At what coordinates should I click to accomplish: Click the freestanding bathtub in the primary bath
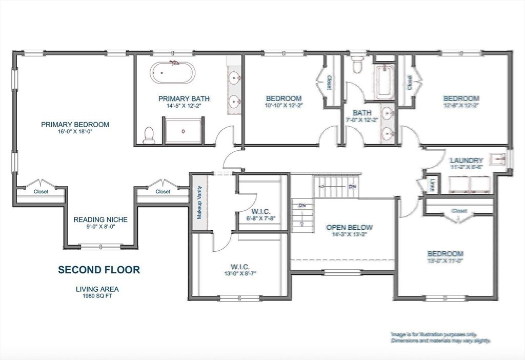coord(172,73)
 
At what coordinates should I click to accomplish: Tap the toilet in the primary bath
coord(149,135)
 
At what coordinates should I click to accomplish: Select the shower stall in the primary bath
coord(183,130)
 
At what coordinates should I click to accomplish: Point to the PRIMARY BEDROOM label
coord(75,125)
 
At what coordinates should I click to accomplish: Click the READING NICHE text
coord(100,219)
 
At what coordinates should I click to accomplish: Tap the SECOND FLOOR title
coord(98,270)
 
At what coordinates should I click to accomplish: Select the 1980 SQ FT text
coord(97,296)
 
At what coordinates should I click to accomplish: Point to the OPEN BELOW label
coord(350,227)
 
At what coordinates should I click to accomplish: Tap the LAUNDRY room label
coord(466,160)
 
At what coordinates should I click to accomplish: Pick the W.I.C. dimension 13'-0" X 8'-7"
coord(240,274)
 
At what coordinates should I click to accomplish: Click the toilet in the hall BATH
coord(357,65)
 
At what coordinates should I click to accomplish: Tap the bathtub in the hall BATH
coord(384,82)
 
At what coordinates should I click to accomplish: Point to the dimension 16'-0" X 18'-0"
coord(75,131)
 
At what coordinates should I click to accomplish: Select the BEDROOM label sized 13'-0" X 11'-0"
coord(446,253)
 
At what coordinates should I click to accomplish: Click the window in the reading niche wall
coord(100,247)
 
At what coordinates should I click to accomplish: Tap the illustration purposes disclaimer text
coord(440,337)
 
